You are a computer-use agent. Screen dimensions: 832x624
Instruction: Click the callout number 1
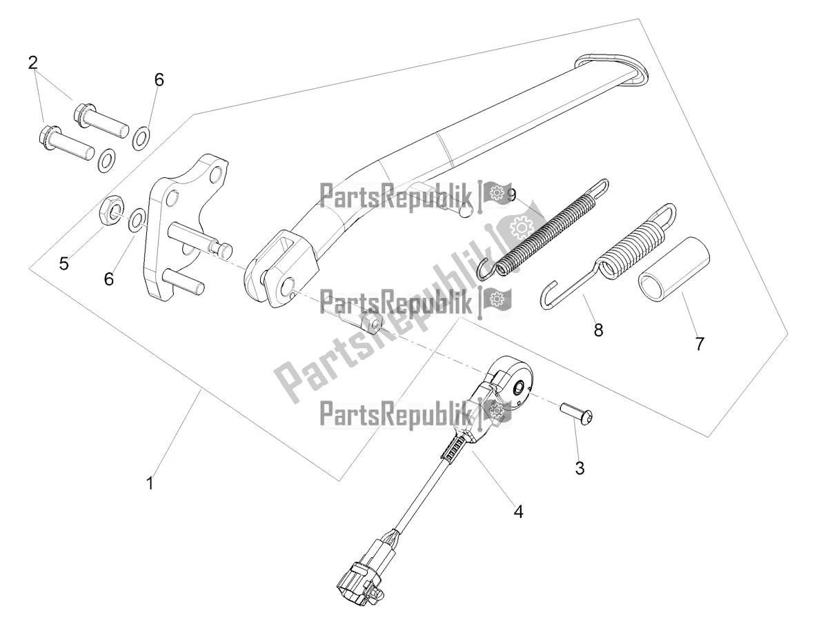coord(150,483)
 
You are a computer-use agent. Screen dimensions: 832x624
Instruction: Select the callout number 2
coord(33,63)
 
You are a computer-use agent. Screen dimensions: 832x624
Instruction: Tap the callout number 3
coord(580,468)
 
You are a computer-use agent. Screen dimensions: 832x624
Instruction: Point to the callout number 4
coord(518,512)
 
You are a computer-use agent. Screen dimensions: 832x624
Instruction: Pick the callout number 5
coord(63,263)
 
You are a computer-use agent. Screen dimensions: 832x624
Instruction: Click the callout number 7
coord(699,344)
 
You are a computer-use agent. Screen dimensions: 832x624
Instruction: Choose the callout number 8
coord(598,330)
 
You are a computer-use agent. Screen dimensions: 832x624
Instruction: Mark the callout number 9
coord(511,195)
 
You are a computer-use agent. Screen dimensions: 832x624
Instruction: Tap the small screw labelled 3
coord(576,412)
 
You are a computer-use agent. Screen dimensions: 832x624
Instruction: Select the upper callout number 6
coord(159,80)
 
